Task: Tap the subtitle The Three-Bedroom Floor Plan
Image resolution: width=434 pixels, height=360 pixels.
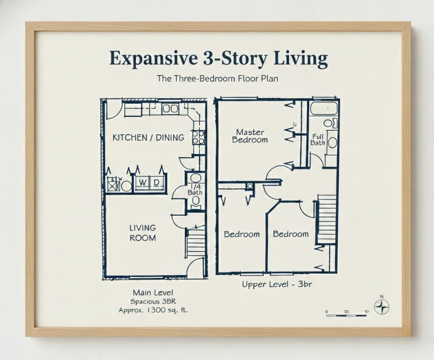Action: coord(217,78)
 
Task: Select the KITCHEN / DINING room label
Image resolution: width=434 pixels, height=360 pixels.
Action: coord(148,137)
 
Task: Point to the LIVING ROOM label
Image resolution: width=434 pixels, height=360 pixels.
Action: coord(143,233)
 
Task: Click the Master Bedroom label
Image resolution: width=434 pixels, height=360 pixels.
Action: coord(250,136)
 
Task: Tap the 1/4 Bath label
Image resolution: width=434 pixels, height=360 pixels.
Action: coord(195,189)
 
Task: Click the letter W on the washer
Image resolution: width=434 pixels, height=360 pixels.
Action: coord(143,182)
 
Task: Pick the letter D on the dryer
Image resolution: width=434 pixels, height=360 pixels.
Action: coord(157,182)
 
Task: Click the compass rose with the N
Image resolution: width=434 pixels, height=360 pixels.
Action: coord(382,307)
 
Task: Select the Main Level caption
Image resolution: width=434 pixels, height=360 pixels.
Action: coord(153,292)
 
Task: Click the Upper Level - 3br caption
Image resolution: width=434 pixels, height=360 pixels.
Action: coord(277,284)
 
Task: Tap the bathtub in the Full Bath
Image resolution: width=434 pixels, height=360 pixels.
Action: coord(324,108)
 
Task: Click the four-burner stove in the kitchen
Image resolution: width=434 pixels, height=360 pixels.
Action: coord(198,137)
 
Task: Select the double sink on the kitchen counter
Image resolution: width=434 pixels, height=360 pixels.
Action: coord(170,108)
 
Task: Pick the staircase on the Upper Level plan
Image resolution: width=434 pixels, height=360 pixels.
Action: coord(326,219)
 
